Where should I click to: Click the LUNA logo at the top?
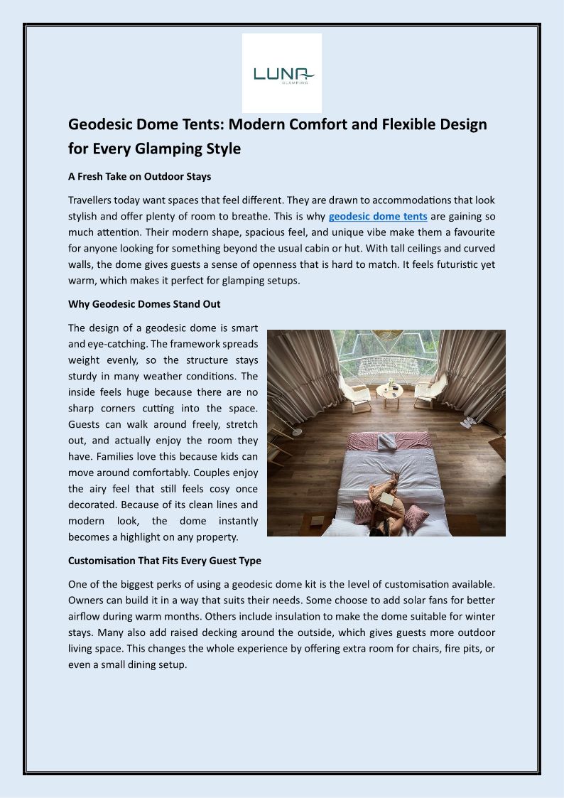click(x=282, y=73)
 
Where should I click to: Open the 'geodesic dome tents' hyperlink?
click(x=378, y=216)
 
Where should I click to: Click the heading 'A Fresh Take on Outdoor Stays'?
click(x=139, y=176)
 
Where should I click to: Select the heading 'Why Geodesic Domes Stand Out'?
click(x=144, y=304)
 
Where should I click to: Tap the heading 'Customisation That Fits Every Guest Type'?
click(x=165, y=561)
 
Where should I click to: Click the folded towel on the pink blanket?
click(x=388, y=442)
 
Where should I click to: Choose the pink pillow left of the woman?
click(x=363, y=510)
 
